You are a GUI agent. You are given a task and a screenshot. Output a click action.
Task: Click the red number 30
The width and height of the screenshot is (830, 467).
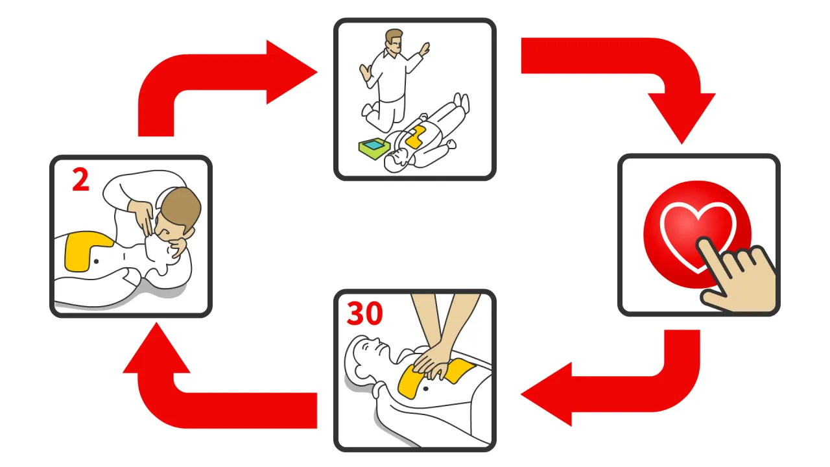pos(365,314)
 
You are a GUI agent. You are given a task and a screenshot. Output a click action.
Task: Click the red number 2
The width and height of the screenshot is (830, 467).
pos(80,180)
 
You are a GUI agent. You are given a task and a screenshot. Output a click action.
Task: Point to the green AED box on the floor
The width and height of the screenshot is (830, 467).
pos(373,149)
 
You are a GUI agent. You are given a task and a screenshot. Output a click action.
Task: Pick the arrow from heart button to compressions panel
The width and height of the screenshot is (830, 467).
pos(622,389)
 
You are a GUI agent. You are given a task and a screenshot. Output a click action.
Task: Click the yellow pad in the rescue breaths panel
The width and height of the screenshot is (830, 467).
pos(84,250)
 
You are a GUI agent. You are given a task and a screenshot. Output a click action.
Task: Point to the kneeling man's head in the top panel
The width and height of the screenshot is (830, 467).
pos(394,42)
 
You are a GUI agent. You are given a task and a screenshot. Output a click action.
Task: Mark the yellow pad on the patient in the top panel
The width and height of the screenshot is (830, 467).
pos(414,137)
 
